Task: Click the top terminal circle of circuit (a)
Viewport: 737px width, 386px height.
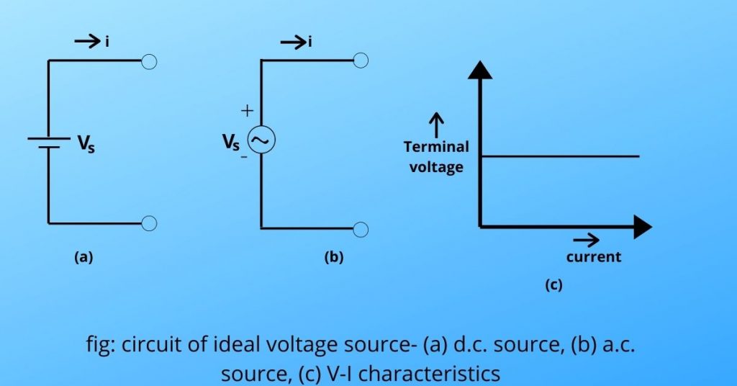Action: [149, 61]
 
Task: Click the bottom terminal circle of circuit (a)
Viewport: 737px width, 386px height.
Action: [149, 223]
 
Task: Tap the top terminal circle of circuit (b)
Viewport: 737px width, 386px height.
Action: [361, 60]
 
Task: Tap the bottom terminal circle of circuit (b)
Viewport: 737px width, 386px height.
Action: [361, 229]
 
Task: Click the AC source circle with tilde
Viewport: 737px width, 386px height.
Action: [261, 140]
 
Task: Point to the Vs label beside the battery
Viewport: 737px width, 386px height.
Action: [86, 144]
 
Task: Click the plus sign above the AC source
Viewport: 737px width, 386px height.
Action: [247, 111]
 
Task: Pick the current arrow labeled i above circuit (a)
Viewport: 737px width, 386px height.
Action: [89, 43]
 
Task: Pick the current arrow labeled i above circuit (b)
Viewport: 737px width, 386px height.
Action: [297, 43]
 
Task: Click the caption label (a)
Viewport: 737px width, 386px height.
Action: [83, 257]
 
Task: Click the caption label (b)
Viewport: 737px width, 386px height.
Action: [333, 257]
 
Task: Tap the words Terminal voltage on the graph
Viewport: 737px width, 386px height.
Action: [436, 156]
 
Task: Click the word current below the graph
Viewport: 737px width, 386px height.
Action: [593, 256]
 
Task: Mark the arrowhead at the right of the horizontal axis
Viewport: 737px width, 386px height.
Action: [642, 228]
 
